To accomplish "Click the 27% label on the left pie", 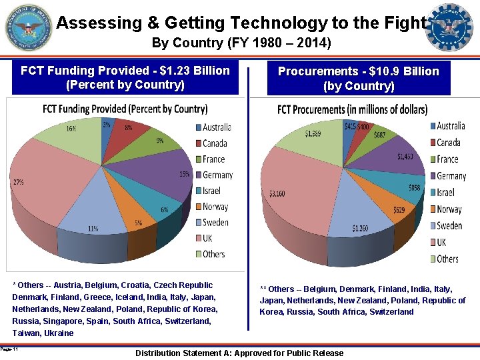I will pyautogui.click(x=18, y=181).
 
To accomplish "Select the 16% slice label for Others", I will pyautogui.click(x=70, y=129).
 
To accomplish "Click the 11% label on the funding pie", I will pyautogui.click(x=93, y=229).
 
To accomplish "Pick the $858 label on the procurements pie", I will pyautogui.click(x=415, y=188).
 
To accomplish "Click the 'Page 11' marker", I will pyautogui.click(x=9, y=349).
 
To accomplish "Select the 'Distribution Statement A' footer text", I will pyautogui.click(x=239, y=353).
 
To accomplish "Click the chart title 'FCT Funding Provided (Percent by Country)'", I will pyautogui.click(x=125, y=109).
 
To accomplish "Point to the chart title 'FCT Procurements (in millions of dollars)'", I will pyautogui.click(x=352, y=109).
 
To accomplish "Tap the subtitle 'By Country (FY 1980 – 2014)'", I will pyautogui.click(x=241, y=43).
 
